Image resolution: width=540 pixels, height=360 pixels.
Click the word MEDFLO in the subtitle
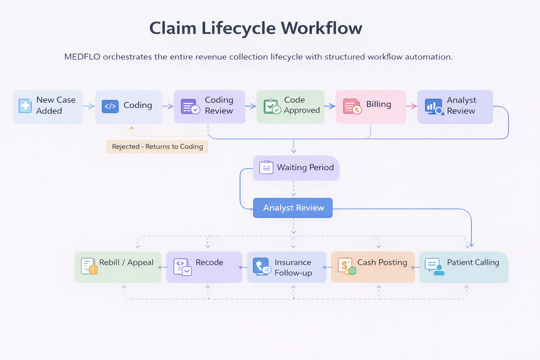(x=82, y=57)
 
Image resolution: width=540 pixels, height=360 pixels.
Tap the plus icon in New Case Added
(x=25, y=106)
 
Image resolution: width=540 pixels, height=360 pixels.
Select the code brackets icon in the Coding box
(x=110, y=106)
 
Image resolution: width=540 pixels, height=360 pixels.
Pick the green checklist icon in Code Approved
(x=272, y=107)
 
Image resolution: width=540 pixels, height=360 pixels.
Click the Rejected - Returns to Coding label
(x=157, y=147)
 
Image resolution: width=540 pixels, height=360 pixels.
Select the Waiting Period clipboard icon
(x=266, y=168)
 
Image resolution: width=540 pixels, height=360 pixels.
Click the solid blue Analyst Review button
(x=293, y=208)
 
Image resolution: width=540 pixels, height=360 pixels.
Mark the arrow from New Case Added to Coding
(x=89, y=106)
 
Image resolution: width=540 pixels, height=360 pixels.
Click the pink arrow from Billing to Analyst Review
(x=411, y=106)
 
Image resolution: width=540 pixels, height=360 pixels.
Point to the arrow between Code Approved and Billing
(x=330, y=106)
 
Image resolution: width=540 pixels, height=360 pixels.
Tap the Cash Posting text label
(x=382, y=263)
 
